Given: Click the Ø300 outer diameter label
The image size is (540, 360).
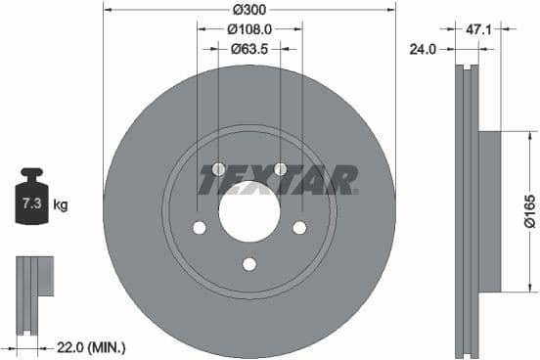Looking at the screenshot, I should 248,11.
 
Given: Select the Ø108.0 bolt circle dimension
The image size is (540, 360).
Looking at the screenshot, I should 248,29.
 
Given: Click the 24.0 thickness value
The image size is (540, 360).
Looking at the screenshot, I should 423,47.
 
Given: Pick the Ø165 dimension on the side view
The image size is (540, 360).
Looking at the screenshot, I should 528,210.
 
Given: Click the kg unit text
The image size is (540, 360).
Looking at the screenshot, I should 61,204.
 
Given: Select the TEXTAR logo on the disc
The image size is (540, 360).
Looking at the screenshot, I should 278,180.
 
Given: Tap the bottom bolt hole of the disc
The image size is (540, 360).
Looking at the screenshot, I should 248,263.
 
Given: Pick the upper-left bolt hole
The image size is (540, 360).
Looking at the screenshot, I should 217,169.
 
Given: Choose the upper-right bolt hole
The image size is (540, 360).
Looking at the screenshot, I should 280,169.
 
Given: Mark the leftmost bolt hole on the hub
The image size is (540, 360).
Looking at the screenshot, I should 199,228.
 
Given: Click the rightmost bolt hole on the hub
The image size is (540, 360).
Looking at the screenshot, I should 299,228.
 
